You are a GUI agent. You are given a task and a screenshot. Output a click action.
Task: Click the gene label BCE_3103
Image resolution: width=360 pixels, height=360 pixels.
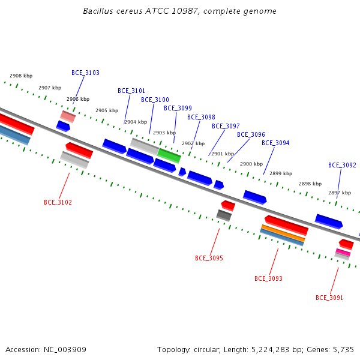click(x=85, y=73)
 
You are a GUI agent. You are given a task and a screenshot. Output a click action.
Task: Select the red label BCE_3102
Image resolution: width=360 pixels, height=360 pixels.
click(x=58, y=202)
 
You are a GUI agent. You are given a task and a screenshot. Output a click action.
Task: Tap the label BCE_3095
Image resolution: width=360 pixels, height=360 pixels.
click(x=209, y=258)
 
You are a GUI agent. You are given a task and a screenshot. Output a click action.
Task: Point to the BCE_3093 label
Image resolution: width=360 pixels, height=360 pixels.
click(x=268, y=278)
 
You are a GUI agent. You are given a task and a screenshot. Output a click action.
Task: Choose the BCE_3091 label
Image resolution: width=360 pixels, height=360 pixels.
click(x=329, y=298)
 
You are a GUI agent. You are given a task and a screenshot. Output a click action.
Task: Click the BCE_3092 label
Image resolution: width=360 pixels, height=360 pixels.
click(x=342, y=165)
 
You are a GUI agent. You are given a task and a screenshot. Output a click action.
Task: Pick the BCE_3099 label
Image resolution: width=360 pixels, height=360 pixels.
click(x=178, y=108)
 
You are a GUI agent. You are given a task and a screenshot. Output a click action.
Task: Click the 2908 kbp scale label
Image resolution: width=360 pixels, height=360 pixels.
click(x=21, y=76)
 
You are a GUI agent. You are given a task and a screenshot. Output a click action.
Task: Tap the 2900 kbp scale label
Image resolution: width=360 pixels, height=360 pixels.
click(x=251, y=164)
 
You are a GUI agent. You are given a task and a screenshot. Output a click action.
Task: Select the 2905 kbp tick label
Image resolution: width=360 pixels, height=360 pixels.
click(x=107, y=110)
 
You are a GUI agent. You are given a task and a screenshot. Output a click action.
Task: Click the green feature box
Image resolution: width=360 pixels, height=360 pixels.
click(x=169, y=155)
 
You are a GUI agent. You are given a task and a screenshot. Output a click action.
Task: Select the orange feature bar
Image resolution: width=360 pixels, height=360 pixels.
click(x=283, y=233)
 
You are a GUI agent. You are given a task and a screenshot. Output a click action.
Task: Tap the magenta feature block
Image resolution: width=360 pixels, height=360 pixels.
click(x=343, y=253)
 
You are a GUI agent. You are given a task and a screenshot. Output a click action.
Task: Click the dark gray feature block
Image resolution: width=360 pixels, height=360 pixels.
click(x=224, y=215)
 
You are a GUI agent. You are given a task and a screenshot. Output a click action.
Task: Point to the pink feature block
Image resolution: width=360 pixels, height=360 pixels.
click(x=68, y=116)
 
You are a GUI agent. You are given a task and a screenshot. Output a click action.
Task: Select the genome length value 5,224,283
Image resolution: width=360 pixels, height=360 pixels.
click(x=273, y=350)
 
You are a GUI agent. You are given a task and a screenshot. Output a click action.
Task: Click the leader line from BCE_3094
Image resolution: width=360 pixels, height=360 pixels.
click(x=269, y=161)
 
